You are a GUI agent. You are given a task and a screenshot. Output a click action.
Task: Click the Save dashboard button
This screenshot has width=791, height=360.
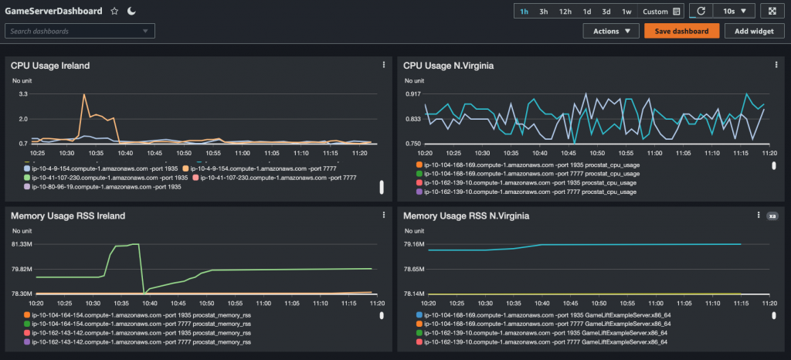(682, 31)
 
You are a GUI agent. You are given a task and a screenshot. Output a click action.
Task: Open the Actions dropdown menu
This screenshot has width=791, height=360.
(610, 31)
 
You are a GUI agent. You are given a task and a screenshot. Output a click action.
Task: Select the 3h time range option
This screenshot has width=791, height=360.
(544, 12)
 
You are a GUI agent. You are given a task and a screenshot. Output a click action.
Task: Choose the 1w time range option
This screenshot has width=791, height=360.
(626, 12)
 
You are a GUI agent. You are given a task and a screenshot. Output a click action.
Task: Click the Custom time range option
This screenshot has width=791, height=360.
(655, 12)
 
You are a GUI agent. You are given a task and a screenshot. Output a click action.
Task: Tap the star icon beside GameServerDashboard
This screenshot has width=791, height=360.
(114, 12)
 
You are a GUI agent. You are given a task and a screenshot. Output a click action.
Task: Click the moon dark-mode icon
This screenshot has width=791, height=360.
(131, 12)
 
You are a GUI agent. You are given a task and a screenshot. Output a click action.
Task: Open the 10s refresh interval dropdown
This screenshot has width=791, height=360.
(734, 12)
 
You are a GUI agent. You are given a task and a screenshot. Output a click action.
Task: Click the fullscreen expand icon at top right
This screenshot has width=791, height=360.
(772, 12)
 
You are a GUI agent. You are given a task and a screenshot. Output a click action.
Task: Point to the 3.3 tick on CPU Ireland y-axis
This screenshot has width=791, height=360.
(23, 93)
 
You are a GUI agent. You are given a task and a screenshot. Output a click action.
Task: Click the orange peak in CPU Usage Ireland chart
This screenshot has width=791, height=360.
(83, 97)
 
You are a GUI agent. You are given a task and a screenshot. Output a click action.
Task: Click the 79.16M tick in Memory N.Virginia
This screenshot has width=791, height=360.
(414, 244)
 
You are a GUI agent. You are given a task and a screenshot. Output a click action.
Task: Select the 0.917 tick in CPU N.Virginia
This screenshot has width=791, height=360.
(412, 93)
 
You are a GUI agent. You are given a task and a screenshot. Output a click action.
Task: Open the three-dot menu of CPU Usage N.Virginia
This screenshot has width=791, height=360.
(775, 66)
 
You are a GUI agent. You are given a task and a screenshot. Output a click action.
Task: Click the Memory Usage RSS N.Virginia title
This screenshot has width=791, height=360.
(466, 216)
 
